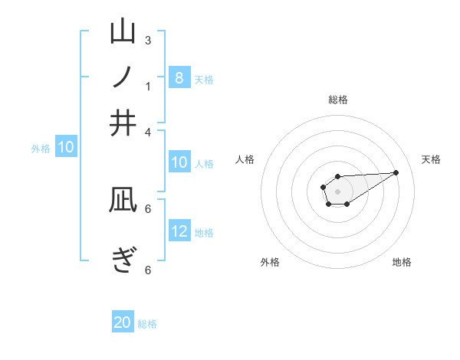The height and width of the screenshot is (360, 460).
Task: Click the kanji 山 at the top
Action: (x=123, y=32)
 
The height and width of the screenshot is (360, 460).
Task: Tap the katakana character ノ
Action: (x=123, y=77)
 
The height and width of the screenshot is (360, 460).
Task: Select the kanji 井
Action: (x=123, y=123)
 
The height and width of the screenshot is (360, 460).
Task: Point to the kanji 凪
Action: (x=123, y=201)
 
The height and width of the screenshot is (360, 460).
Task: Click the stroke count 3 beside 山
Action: (x=148, y=40)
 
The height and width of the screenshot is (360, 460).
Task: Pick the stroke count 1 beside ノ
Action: (x=148, y=86)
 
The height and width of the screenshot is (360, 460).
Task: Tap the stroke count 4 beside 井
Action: (x=148, y=131)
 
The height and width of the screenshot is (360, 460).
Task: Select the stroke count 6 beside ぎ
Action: (x=148, y=270)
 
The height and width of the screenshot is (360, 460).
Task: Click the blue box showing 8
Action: (x=179, y=78)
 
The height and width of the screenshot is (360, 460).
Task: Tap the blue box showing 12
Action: (x=179, y=232)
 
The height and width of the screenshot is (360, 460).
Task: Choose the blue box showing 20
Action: (x=123, y=323)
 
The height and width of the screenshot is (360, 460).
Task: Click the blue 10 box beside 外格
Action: (x=66, y=147)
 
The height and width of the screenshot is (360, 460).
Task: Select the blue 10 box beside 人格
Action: (x=179, y=162)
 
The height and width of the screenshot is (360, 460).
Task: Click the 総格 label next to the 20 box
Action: (x=147, y=324)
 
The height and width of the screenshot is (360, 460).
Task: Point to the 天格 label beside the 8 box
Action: (x=204, y=79)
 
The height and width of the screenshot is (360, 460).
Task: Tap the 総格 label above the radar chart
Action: (x=338, y=100)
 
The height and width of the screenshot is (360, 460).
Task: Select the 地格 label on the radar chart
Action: (x=402, y=262)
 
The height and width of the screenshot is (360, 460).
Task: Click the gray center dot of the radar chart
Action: (x=337, y=190)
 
